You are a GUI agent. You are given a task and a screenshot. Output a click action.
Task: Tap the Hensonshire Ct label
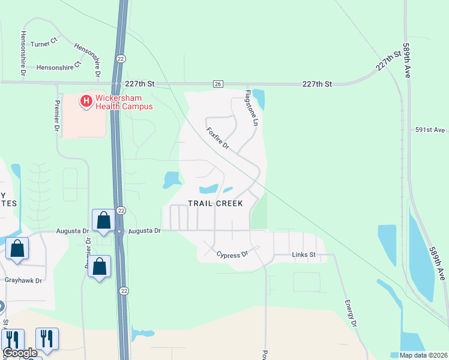pos(59,68)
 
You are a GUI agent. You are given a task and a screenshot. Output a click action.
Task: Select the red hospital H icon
pos(86,101)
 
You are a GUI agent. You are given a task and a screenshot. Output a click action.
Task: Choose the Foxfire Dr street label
pos(218,138)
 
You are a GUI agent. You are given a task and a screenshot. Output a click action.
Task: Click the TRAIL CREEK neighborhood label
pos(215,204)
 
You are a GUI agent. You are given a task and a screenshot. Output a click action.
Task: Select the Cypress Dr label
pos(232,254)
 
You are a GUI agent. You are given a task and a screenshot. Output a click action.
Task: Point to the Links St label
pos(304,255)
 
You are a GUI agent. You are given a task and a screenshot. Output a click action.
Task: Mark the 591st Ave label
pos(430,130)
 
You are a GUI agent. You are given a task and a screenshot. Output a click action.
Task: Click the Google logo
pos(19,353)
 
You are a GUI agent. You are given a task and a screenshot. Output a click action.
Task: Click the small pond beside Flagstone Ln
pos(259,99)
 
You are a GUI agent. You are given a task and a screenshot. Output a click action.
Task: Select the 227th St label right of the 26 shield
pos(317,85)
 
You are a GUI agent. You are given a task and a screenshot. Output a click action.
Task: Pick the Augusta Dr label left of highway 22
pos(72,230)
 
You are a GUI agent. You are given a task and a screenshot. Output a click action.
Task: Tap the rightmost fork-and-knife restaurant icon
pos(47,339)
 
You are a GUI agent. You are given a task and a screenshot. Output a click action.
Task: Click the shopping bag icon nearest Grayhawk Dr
pos(17,250)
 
